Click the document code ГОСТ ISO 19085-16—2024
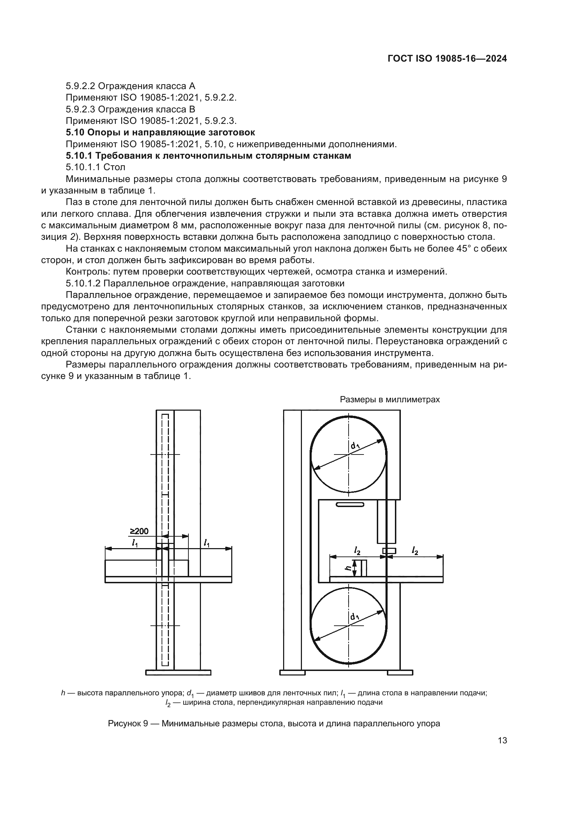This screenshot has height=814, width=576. pos(447,59)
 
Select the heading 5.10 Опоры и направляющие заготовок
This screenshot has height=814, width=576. pos(160,133)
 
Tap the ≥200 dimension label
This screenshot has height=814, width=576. pos(139,531)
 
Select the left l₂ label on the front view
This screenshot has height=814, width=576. pos(357,550)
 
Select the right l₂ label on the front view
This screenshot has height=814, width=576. pos(415,550)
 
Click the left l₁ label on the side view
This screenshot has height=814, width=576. pos(135,543)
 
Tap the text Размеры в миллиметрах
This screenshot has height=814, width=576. pos(390,400)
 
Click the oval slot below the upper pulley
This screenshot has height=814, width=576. pos(350,505)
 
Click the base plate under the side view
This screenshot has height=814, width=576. pos(178,673)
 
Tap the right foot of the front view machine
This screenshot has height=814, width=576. pos(400,673)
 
